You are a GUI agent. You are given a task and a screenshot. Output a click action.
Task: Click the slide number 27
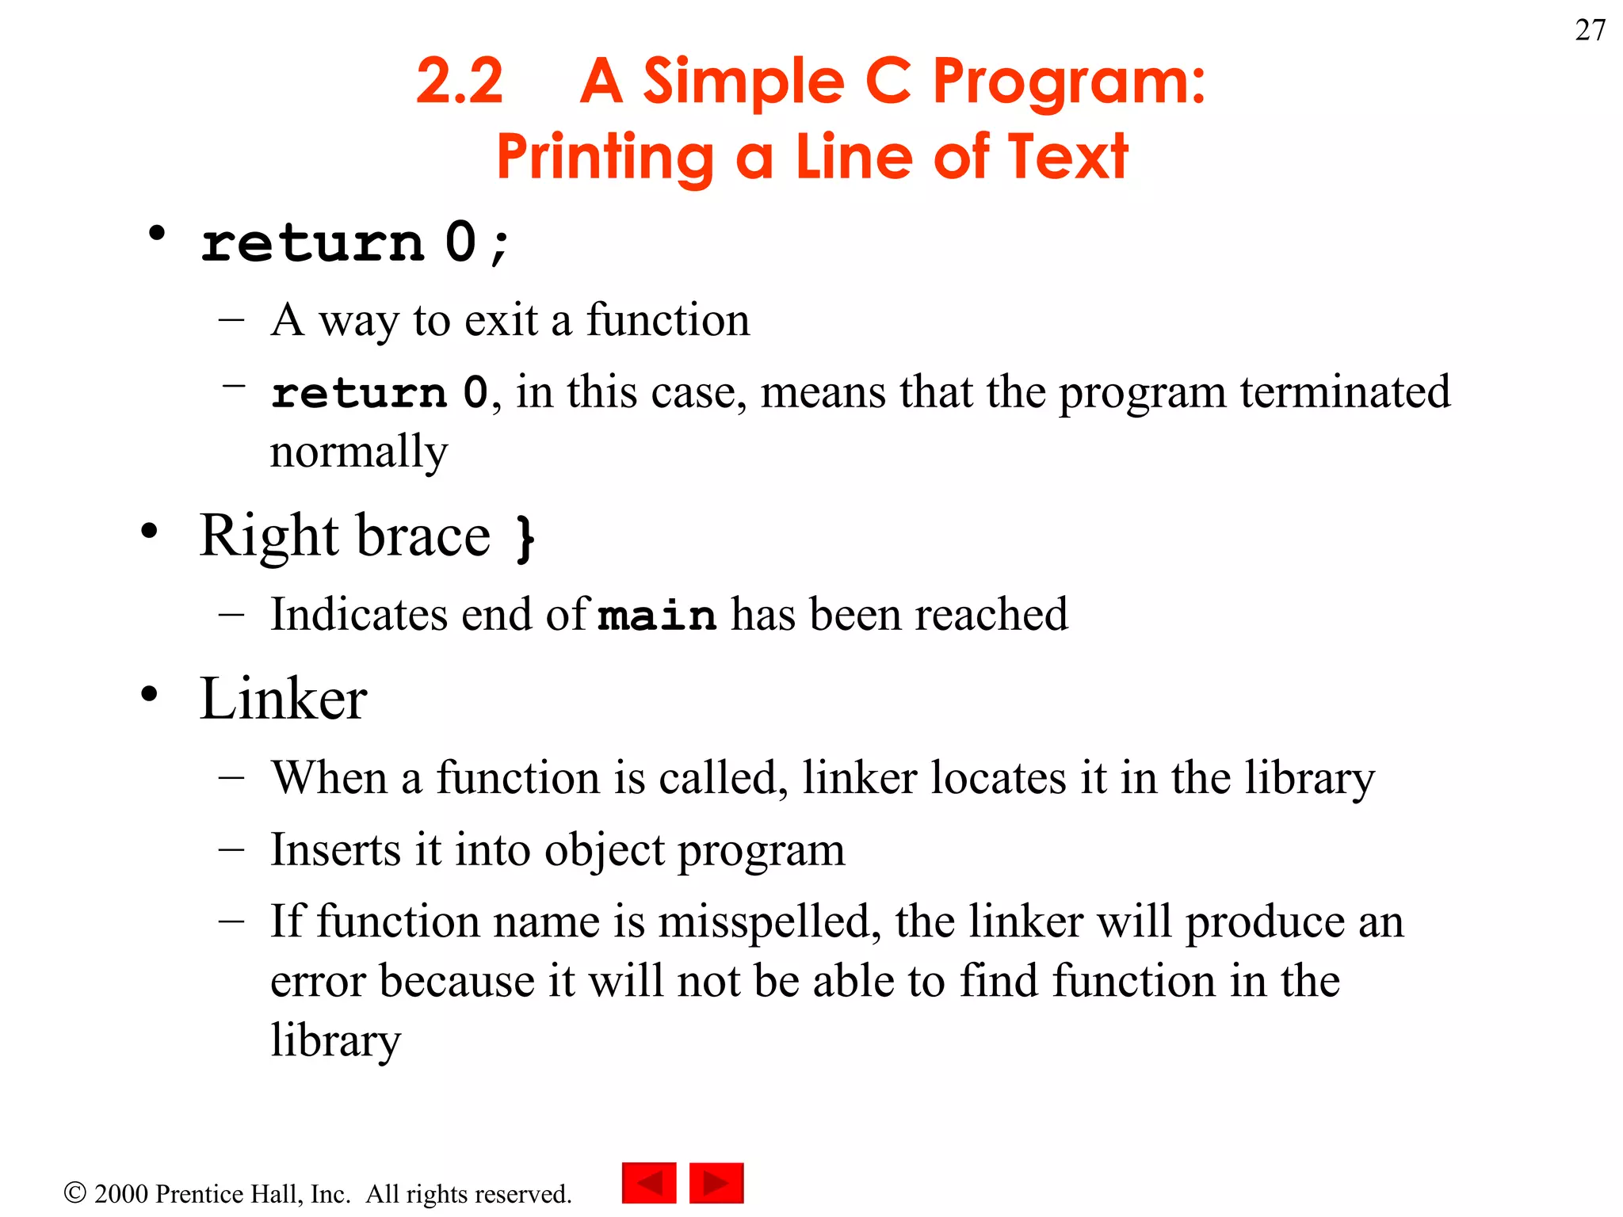coord(1590,30)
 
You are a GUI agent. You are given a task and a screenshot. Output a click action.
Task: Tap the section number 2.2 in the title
coord(460,82)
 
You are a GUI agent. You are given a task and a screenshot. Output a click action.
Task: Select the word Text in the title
coord(1068,157)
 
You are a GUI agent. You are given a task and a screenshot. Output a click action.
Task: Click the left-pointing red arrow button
coord(649,1183)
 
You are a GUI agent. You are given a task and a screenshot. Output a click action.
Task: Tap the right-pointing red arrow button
coord(716,1183)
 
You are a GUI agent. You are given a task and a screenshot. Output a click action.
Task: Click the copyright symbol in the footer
coord(74,1192)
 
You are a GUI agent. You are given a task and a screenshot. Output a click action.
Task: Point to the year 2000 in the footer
coord(121,1194)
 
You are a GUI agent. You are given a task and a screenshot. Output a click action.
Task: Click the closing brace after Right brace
coord(525,539)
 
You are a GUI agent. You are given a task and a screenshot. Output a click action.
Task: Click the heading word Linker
coord(283,699)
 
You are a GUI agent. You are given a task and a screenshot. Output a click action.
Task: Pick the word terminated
coord(1345,392)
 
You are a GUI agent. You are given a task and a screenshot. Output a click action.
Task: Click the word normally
coord(359,452)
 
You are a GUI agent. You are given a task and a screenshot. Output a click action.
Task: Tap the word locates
coord(999,778)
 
